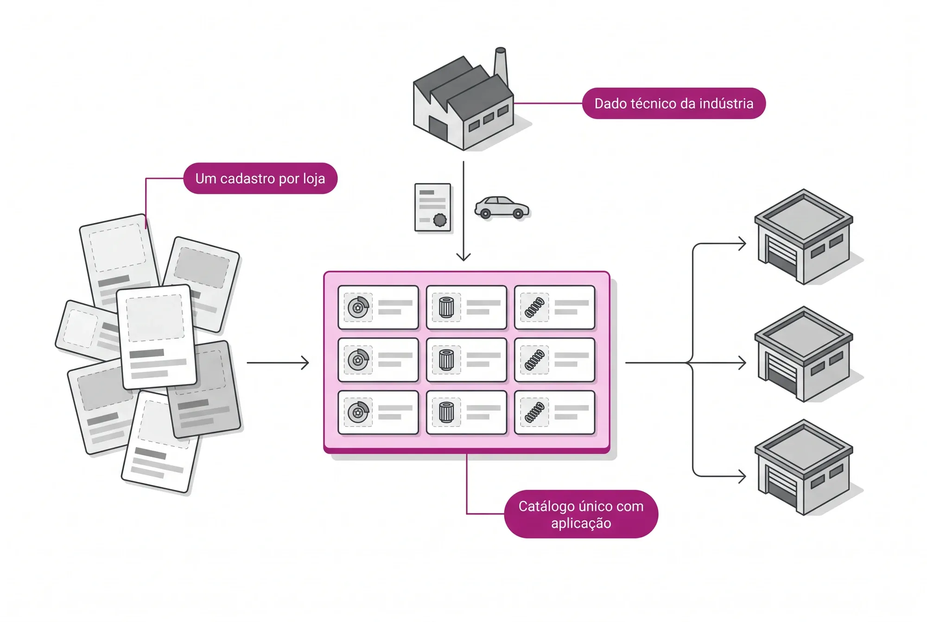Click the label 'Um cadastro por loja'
[260, 178]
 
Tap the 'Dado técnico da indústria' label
[673, 103]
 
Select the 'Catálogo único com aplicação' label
[581, 514]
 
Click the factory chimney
[500, 67]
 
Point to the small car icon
[502, 207]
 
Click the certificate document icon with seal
[433, 207]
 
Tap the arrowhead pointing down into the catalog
[463, 256]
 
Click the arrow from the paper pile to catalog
[278, 362]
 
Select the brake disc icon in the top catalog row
[358, 307]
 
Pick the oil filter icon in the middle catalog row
[446, 360]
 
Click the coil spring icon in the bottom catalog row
[534, 412]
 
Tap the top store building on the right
[804, 236]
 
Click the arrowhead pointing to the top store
[742, 243]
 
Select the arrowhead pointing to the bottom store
[742, 476]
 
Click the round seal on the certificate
[440, 220]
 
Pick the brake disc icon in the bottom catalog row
[358, 412]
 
